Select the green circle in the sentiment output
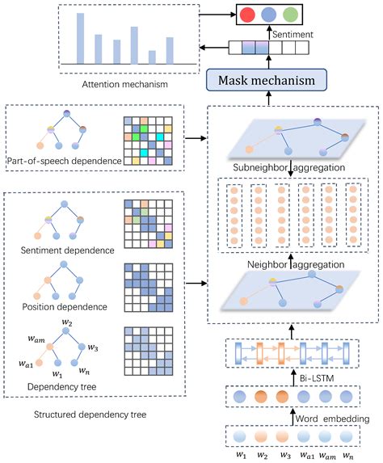click(290, 16)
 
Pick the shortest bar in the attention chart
click(152, 57)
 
